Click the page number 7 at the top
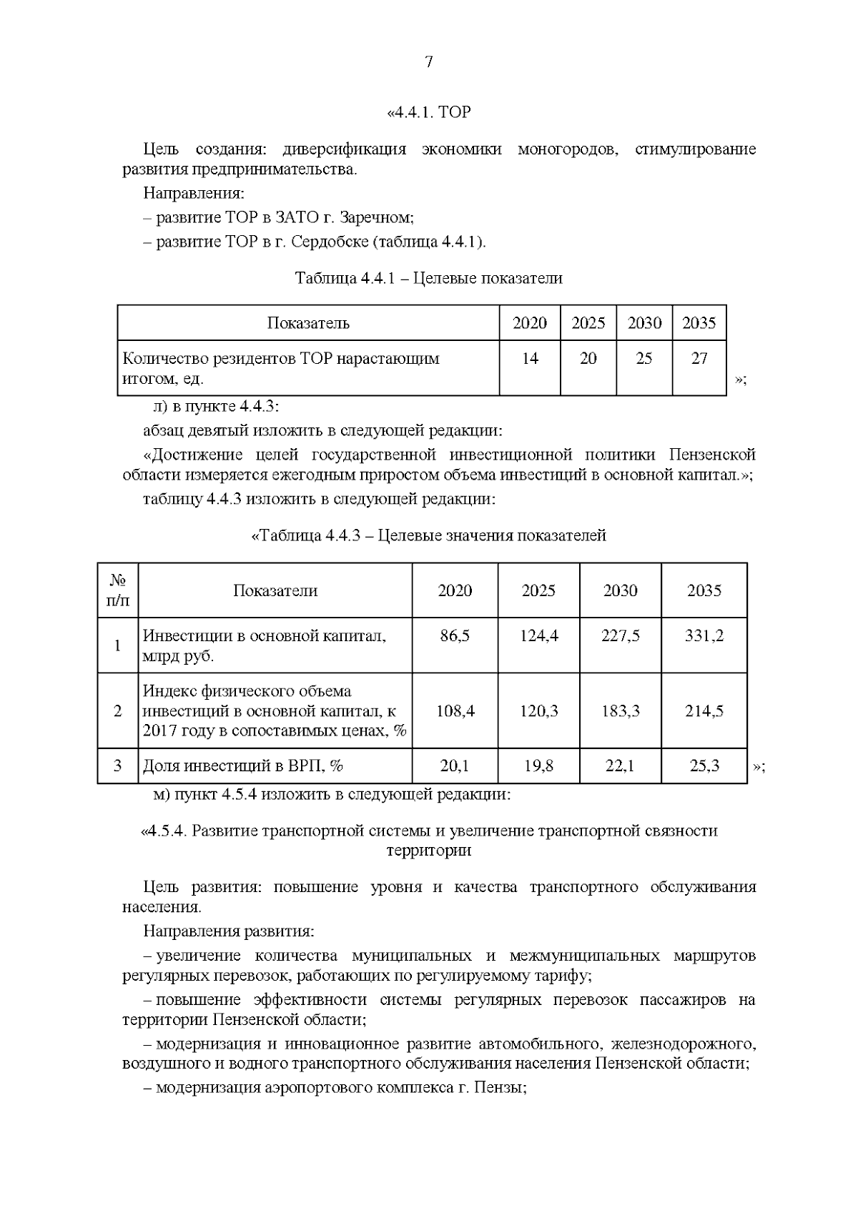[428, 62]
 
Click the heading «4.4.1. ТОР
[428, 112]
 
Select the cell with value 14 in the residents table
[530, 358]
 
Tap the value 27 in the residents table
[699, 358]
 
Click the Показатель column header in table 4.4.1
[308, 323]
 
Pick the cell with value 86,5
[455, 635]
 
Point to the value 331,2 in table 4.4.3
[704, 635]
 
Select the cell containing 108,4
[455, 711]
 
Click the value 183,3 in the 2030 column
[620, 711]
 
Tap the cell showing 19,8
[538, 766]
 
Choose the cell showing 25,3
[704, 766]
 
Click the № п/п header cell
[118, 590]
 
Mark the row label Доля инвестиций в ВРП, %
[243, 766]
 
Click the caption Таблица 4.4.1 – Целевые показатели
[428, 278]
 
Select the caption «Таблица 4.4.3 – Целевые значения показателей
[428, 535]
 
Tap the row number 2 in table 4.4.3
[118, 711]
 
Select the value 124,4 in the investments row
[538, 635]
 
